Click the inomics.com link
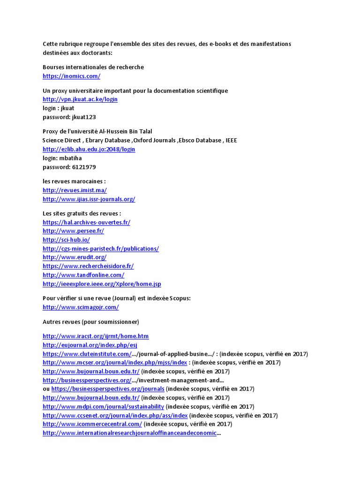[71, 76]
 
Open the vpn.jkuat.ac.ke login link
[80, 99]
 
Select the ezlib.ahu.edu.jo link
[89, 149]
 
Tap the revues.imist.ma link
[75, 190]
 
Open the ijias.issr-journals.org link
[89, 199]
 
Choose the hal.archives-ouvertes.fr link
[86, 223]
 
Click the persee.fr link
[73, 231]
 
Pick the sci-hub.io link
[66, 240]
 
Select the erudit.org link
[75, 257]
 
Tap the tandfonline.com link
[83, 275]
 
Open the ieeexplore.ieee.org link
[102, 284]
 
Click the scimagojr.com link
[81, 307]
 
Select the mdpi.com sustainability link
[103, 406]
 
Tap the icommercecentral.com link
[92, 424]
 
